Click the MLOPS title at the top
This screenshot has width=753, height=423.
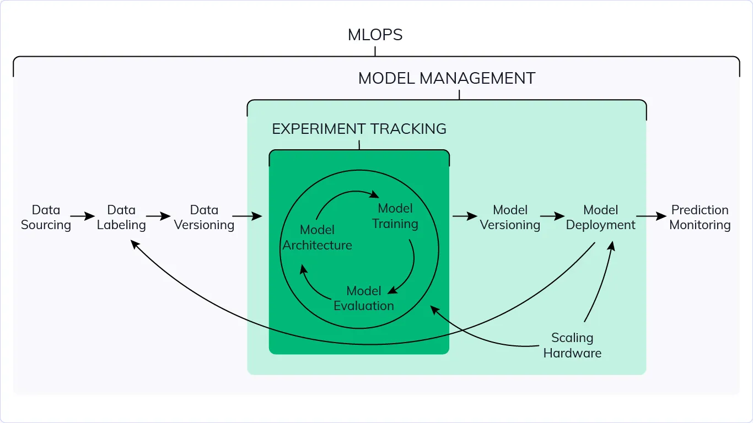[x=375, y=35]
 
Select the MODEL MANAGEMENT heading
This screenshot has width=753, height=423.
[x=447, y=79]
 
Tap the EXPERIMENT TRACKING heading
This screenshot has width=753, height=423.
[x=359, y=129]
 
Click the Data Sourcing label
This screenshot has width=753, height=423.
[x=46, y=218]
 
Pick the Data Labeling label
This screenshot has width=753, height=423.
[x=121, y=218]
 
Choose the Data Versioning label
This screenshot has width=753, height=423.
[x=204, y=218]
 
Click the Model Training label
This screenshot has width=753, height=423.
[x=395, y=216]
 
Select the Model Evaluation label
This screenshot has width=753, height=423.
[x=364, y=298]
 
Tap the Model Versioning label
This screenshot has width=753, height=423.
[x=510, y=218]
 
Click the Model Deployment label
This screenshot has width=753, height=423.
[x=600, y=218]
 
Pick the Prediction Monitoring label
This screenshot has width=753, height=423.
[x=700, y=218]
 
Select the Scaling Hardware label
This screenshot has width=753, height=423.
[x=572, y=345]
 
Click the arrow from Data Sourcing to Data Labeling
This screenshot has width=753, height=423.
[x=83, y=216]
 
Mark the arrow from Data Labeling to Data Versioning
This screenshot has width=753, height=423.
[x=158, y=216]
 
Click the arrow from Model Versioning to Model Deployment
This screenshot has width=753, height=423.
[x=552, y=216]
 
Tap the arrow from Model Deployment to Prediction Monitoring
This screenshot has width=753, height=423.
[x=651, y=216]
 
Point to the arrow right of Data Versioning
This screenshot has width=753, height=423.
[x=247, y=216]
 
